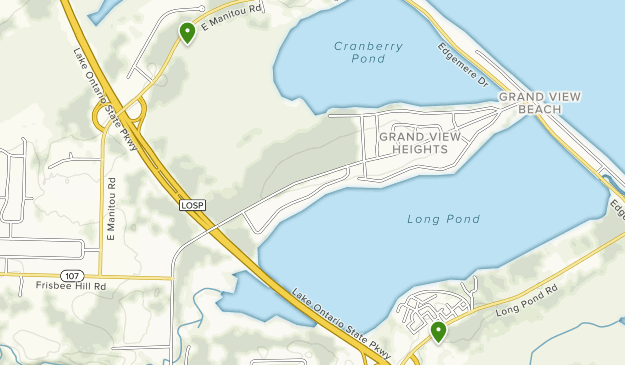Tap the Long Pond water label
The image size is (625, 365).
444,219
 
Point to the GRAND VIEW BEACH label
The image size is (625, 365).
540,103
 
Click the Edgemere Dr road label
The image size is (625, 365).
462,64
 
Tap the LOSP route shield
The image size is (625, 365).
193,204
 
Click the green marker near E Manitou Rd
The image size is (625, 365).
187,32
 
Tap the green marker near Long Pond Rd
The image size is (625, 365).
438,331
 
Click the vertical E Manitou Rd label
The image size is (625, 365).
113,209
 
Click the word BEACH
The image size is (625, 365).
540,110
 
